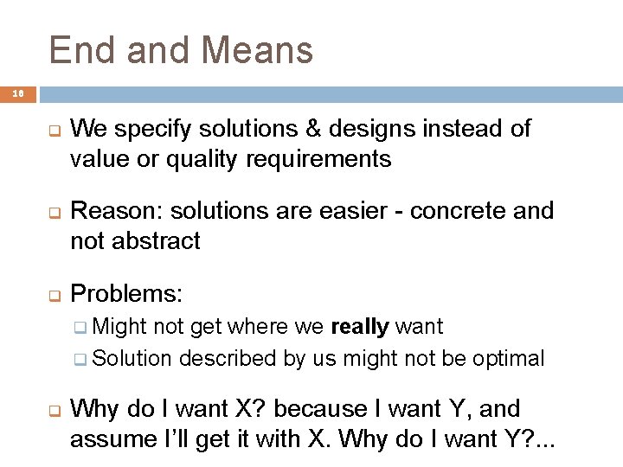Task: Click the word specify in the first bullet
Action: click(152, 130)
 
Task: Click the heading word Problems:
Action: click(126, 294)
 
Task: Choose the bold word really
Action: click(360, 327)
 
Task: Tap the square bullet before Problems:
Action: click(53, 296)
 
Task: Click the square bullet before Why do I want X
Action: click(53, 410)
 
